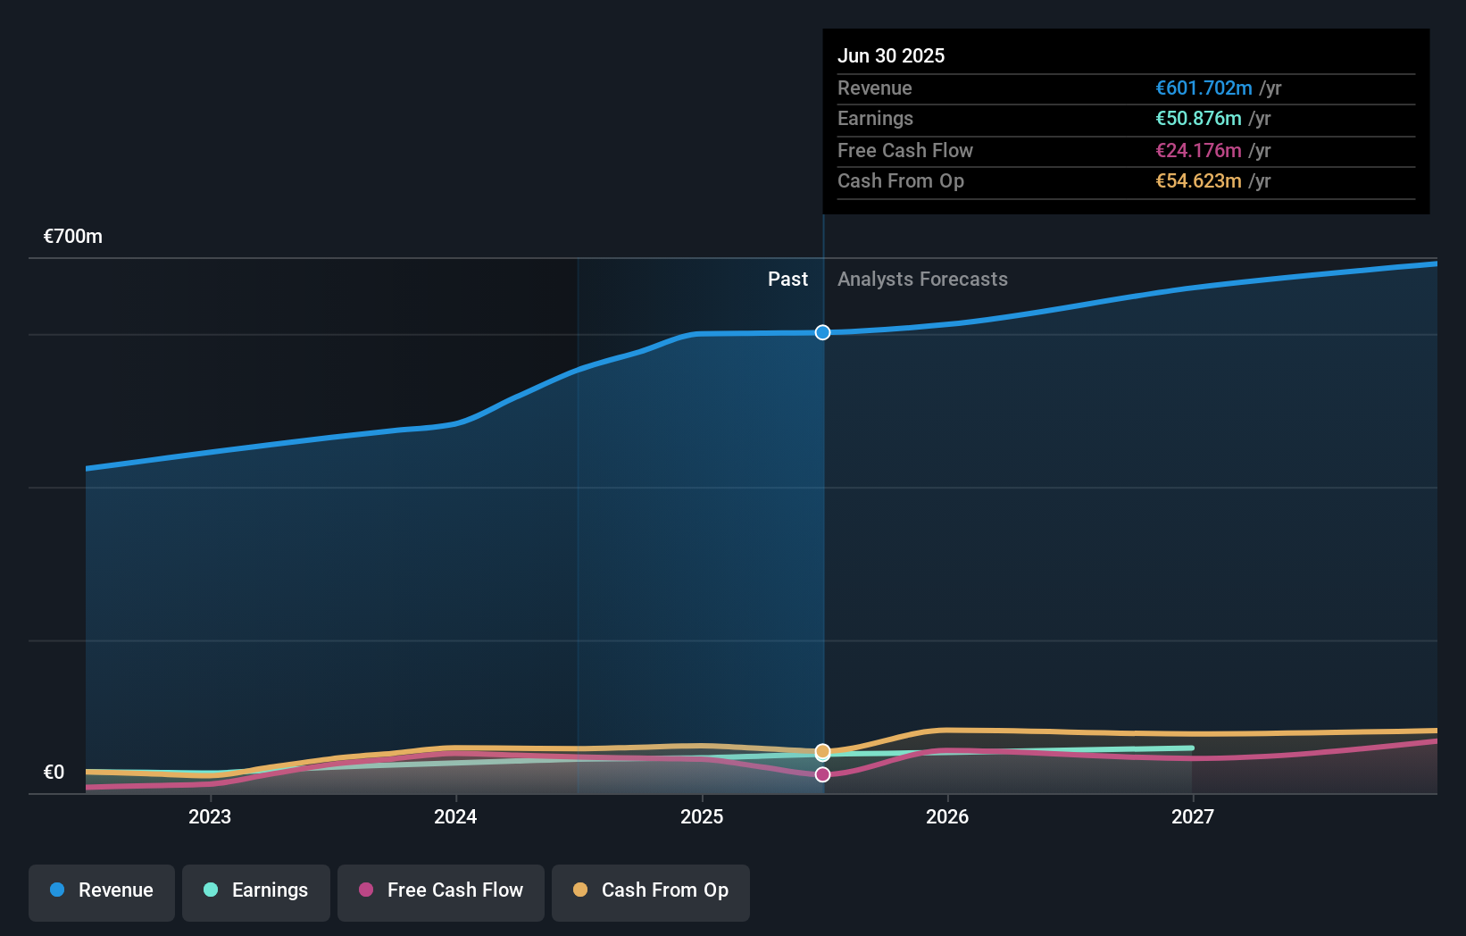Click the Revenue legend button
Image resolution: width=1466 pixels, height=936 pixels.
click(x=102, y=890)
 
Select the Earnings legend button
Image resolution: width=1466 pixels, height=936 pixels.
click(x=256, y=890)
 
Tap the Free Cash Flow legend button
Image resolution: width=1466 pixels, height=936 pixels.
click(x=441, y=890)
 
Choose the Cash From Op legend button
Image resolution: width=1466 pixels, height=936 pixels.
click(x=651, y=890)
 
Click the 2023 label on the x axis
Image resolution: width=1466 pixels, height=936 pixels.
click(x=210, y=816)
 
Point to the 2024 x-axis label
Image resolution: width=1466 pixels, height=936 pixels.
click(x=455, y=816)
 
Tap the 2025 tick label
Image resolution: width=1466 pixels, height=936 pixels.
click(x=702, y=816)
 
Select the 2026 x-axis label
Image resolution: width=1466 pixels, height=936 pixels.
click(x=947, y=816)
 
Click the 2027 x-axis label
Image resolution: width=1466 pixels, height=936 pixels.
click(x=1193, y=816)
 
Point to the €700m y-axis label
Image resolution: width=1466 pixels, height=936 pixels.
click(x=73, y=237)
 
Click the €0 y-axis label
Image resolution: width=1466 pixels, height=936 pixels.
click(x=54, y=773)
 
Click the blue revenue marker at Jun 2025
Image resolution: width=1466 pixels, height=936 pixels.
click(x=822, y=332)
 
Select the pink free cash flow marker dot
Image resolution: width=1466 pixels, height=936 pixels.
click(x=822, y=774)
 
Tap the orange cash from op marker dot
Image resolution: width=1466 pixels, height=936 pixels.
click(x=822, y=751)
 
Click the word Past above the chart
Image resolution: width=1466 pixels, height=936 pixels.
click(x=787, y=280)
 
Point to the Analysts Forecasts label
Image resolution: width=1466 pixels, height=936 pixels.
click(x=922, y=280)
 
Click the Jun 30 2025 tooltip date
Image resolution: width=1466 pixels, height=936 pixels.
click(x=891, y=55)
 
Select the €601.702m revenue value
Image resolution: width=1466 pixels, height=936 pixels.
click(x=1204, y=88)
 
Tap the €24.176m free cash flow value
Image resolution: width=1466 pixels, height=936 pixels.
click(x=1198, y=151)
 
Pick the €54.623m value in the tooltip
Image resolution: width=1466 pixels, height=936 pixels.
click(x=1198, y=181)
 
